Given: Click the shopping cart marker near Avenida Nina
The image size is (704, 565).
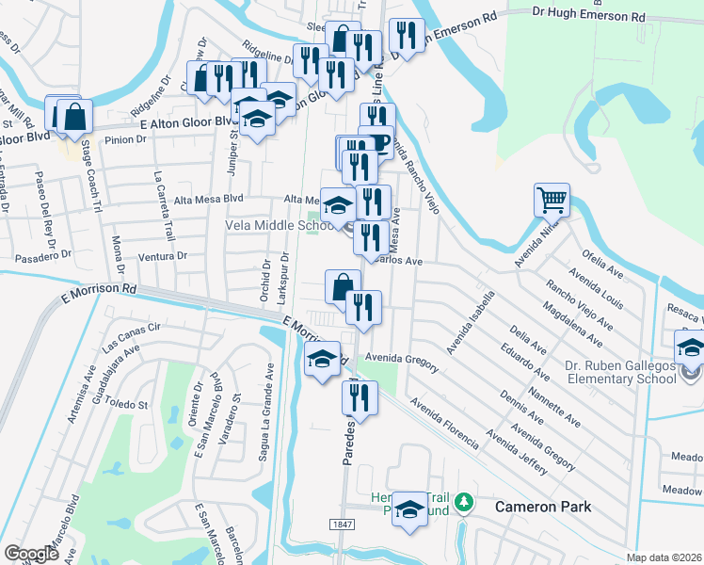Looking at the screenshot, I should (552, 201).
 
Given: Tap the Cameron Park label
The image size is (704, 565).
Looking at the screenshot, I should (544, 507).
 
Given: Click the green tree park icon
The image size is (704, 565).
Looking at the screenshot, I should (462, 504).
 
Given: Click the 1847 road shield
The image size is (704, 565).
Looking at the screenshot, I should (343, 524).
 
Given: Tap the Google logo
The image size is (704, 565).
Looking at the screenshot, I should (31, 554).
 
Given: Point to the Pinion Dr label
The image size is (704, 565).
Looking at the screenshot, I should (125, 139).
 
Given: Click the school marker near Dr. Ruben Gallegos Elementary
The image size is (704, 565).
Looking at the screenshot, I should (691, 349).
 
